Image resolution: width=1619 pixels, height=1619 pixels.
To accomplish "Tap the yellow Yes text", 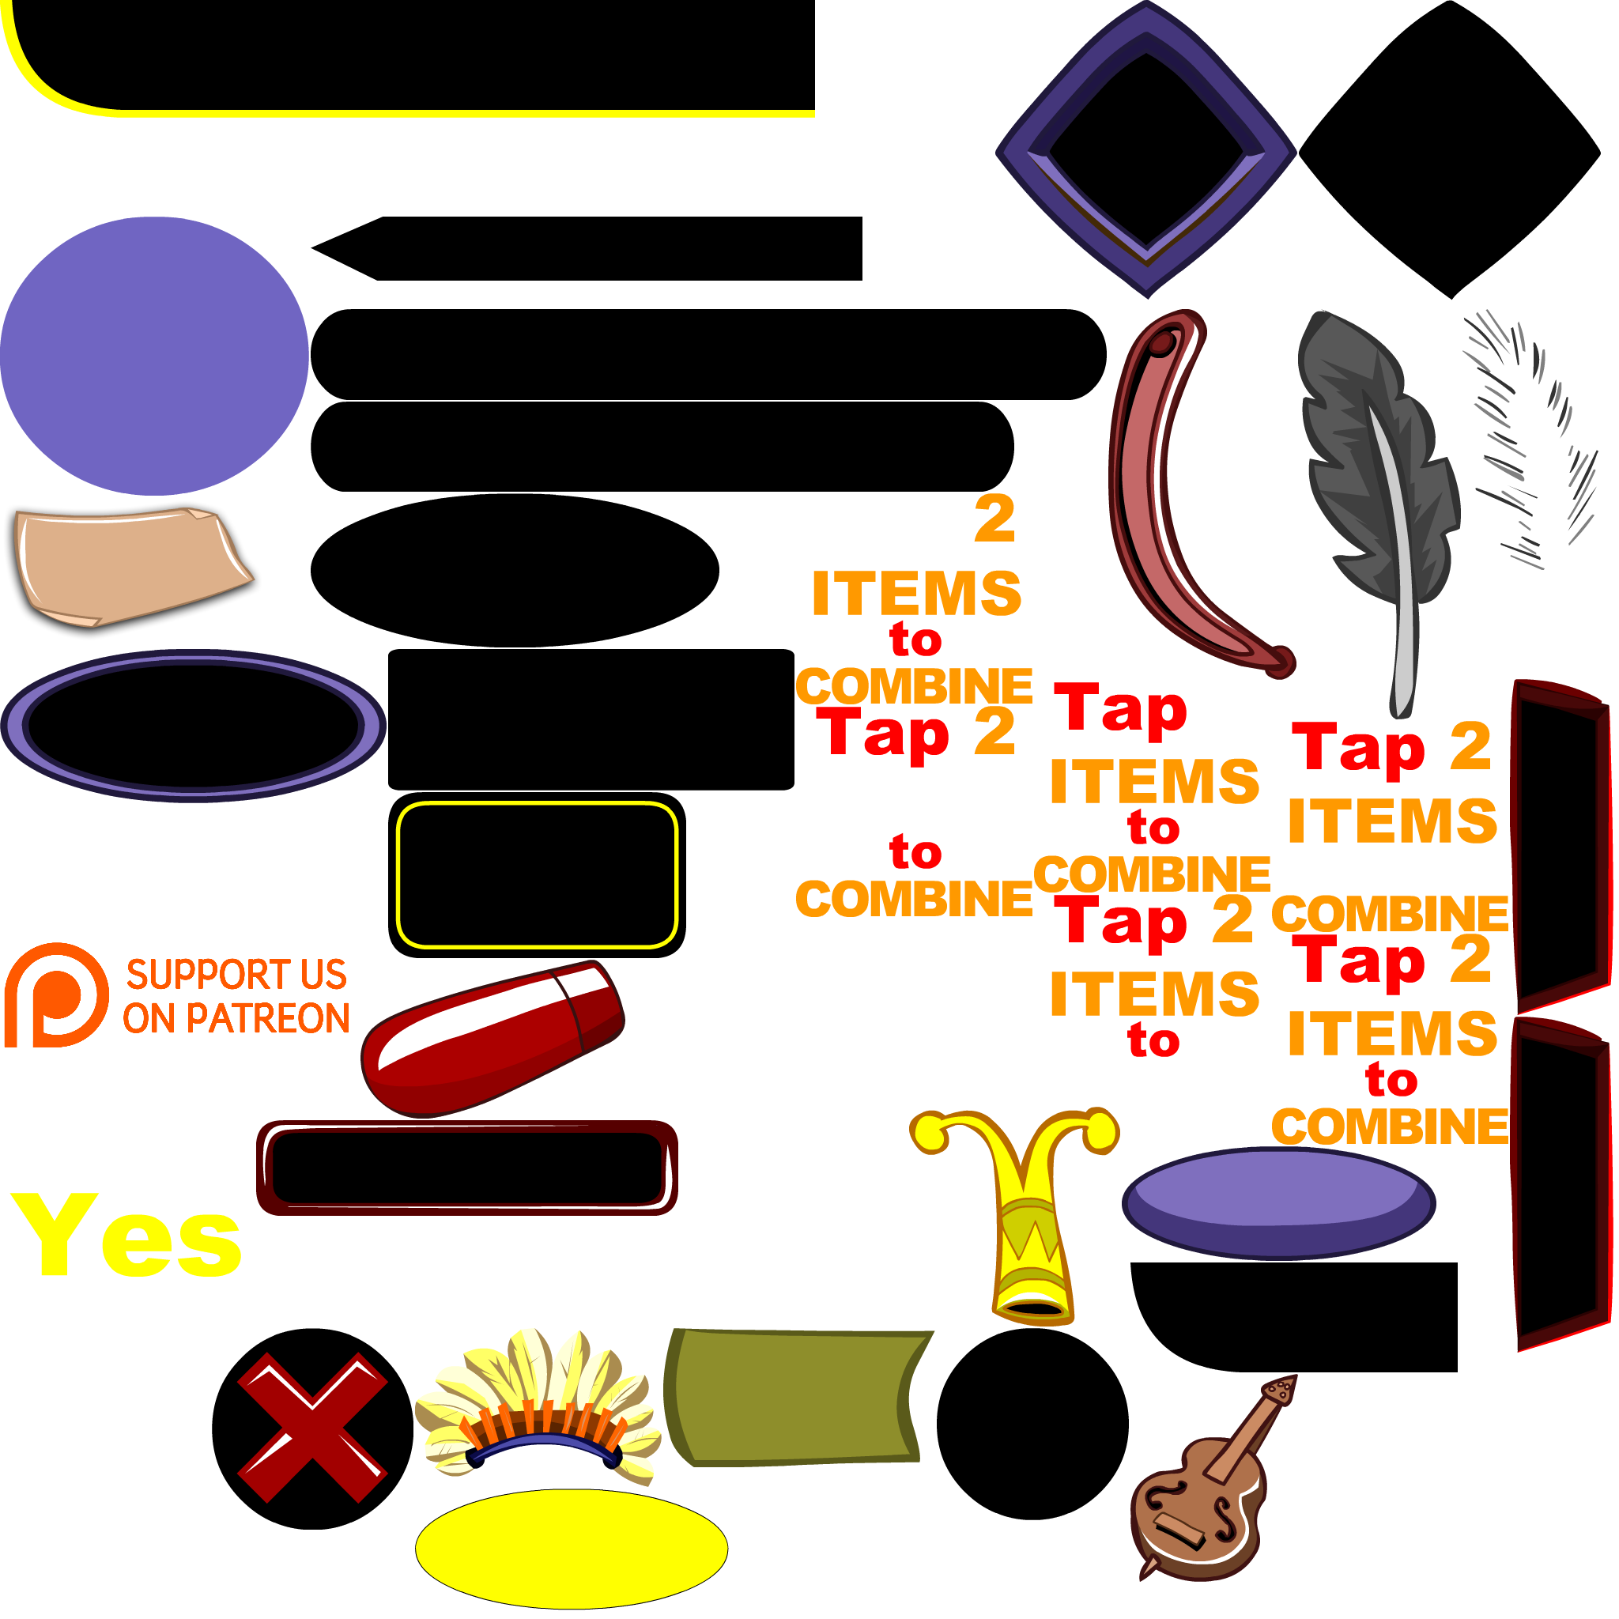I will click(x=126, y=1237).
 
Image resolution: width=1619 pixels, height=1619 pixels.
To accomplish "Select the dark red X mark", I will click(x=311, y=1427).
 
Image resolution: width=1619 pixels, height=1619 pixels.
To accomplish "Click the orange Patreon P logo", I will click(x=55, y=994).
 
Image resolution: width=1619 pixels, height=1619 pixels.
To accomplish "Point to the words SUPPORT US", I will click(x=236, y=974).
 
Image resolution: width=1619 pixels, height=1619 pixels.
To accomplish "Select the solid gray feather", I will click(x=1374, y=470).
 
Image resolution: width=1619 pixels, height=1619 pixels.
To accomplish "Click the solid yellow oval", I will click(x=571, y=1548).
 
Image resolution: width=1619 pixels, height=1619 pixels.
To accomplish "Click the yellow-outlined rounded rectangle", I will click(x=536, y=875).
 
